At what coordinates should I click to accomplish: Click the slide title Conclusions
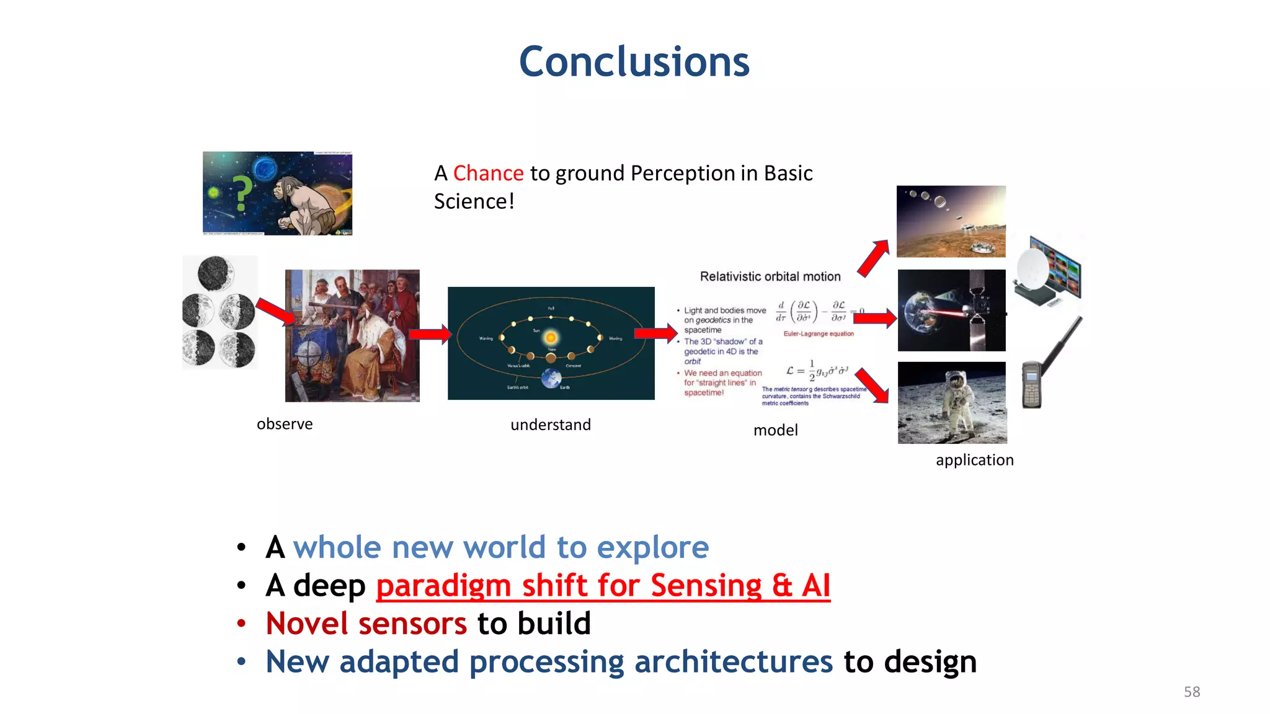pos(634,62)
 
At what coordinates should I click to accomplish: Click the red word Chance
pos(488,174)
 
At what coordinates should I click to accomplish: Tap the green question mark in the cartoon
pos(242,193)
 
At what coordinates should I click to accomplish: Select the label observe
pos(285,424)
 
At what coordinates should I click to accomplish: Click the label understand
pos(550,425)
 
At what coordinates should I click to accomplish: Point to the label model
pos(775,430)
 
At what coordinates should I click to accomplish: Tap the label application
pos(974,460)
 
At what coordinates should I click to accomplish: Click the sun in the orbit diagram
pos(551,338)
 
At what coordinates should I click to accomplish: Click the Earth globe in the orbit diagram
pos(551,377)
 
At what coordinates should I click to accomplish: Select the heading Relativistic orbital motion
pos(770,276)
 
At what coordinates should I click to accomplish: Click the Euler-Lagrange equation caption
pos(818,334)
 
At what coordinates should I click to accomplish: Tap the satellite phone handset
pos(1032,384)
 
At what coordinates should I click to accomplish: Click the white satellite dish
pos(1032,270)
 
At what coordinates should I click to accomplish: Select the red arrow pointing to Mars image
pos(874,258)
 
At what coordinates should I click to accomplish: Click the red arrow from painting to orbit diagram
pos(430,335)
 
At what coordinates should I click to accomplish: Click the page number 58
pos(1191,692)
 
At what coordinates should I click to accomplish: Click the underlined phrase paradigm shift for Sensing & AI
pos(603,586)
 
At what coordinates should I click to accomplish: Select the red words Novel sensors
pos(366,624)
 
